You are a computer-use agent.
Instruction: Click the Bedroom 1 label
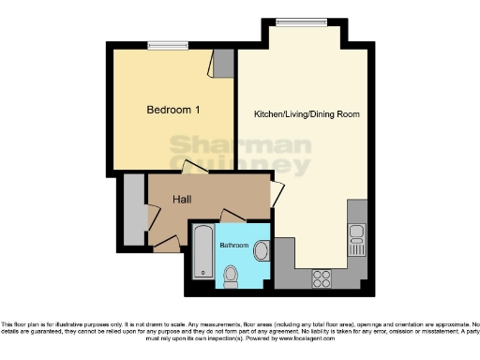tap(173, 110)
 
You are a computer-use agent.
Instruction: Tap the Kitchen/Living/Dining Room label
tap(307, 114)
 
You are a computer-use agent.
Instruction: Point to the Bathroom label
tap(234, 245)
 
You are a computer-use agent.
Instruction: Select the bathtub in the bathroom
tap(202, 255)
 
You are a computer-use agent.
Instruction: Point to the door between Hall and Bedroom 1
tap(195, 170)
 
